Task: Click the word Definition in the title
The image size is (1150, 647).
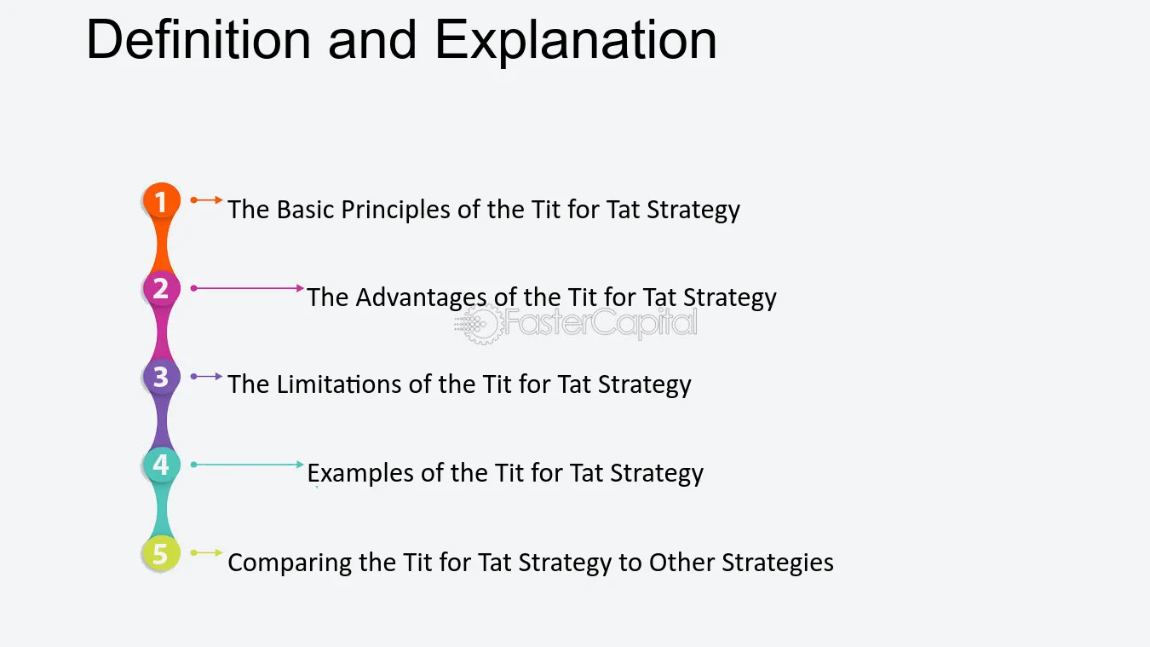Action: point(198,39)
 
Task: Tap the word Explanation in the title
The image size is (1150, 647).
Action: point(576,42)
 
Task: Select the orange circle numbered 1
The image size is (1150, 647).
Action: point(162,200)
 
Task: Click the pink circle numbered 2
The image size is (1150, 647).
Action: point(162,288)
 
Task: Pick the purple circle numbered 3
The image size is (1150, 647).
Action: point(162,377)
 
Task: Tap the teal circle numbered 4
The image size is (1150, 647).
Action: point(162,465)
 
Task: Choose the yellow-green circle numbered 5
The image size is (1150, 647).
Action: point(161,553)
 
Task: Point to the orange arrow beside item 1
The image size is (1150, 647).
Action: point(206,200)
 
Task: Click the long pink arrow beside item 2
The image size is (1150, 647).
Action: point(247,288)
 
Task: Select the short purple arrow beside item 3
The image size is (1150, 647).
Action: point(206,376)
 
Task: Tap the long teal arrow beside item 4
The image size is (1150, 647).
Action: point(247,465)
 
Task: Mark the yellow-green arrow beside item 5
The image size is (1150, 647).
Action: point(206,552)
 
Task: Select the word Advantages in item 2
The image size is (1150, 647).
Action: point(421,298)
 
